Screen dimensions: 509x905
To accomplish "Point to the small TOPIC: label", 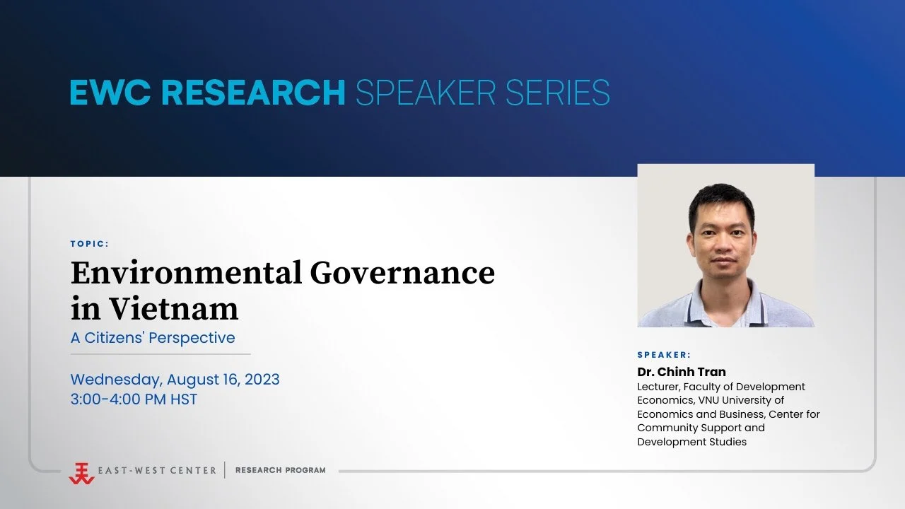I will (90, 244).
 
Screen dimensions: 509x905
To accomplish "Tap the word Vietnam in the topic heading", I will (173, 308).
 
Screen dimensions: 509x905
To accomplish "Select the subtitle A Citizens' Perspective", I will (153, 338).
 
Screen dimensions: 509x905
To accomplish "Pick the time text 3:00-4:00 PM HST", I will (134, 399).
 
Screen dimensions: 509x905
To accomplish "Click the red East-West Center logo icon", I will (81, 472).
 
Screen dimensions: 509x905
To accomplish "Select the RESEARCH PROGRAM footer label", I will (281, 470).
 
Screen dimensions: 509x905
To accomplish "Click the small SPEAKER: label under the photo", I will (664, 355).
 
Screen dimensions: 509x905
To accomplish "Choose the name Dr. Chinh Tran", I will (682, 372).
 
